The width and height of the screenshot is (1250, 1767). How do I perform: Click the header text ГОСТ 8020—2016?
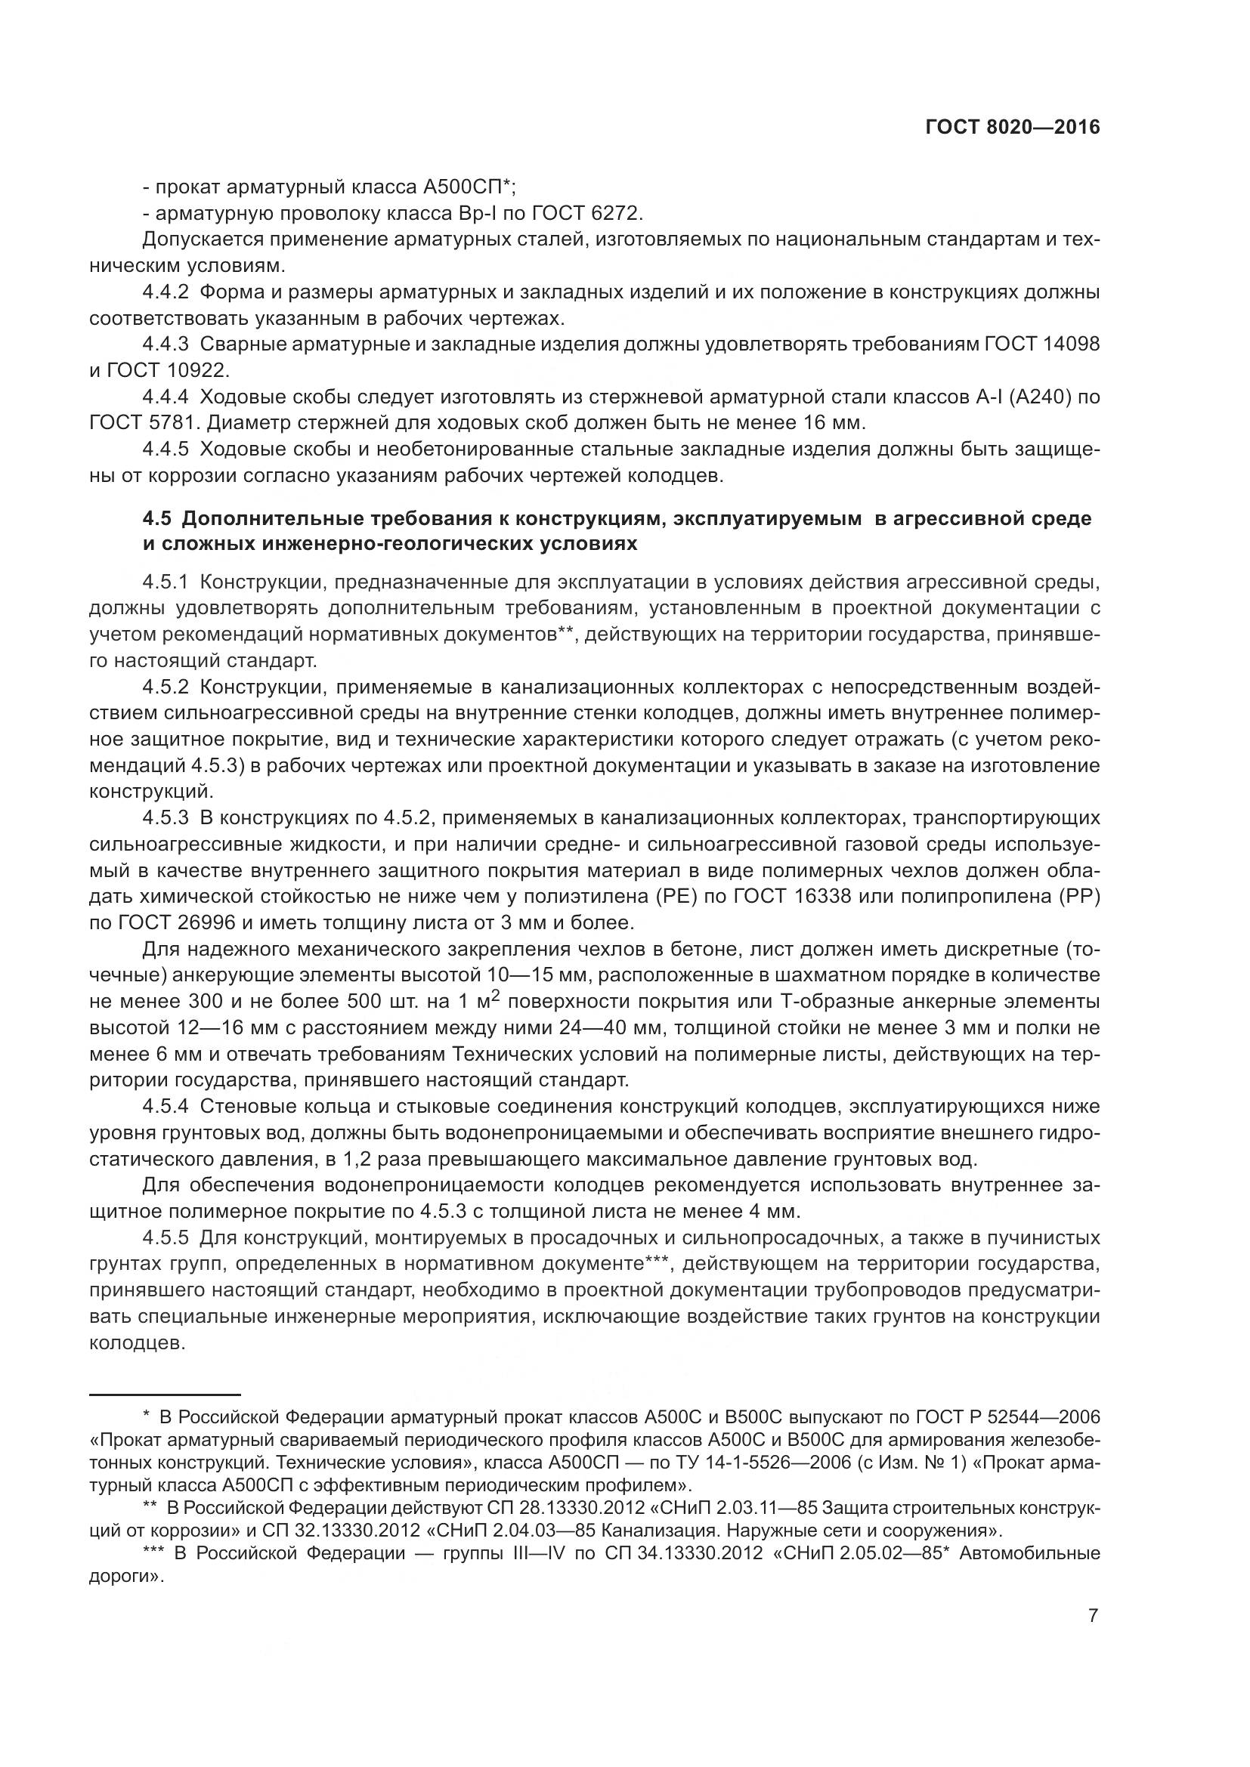tap(1012, 128)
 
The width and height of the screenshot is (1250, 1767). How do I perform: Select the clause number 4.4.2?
tap(166, 292)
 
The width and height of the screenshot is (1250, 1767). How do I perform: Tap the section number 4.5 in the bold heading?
tap(157, 519)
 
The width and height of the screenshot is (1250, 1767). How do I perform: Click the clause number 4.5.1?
tap(166, 582)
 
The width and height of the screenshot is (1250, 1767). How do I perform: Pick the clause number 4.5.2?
tap(166, 687)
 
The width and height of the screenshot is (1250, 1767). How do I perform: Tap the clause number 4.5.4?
tap(166, 1107)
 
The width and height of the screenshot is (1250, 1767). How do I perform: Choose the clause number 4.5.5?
tap(166, 1238)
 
